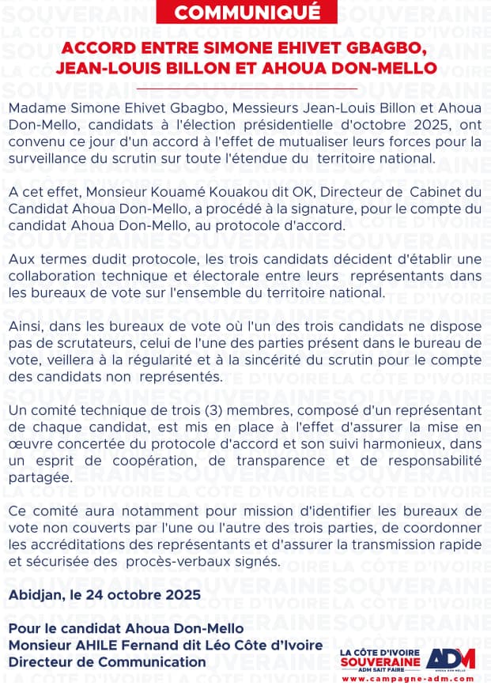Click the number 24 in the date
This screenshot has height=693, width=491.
(99, 595)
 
